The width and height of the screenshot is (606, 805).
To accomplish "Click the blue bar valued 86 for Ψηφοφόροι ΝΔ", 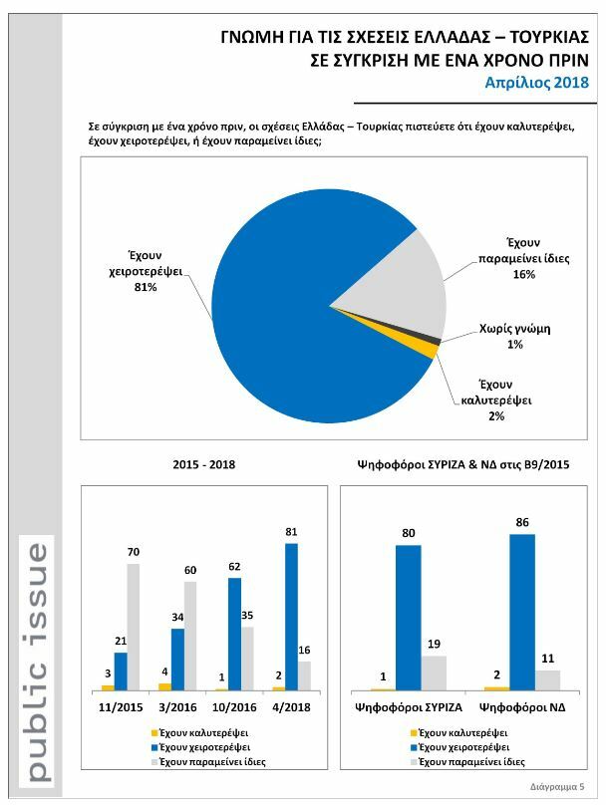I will click(x=522, y=612).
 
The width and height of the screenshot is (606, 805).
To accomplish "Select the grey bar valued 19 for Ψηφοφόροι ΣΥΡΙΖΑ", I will click(x=434, y=671).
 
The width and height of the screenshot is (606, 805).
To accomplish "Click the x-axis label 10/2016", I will click(x=235, y=708).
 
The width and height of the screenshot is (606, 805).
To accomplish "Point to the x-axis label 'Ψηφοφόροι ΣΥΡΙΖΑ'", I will click(x=409, y=708).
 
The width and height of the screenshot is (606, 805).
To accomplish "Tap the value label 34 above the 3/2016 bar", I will click(x=177, y=619).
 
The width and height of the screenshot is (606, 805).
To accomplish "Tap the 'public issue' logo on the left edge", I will click(x=36, y=661).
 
